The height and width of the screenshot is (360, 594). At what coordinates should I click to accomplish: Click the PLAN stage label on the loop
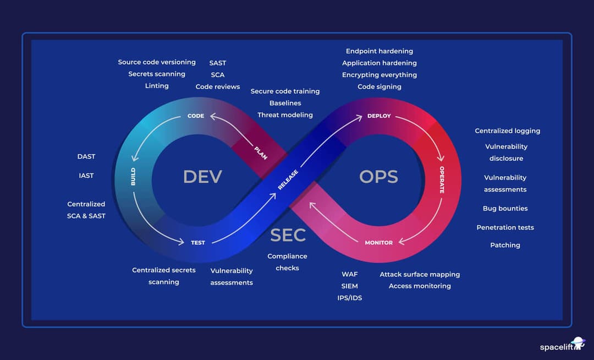pyautogui.click(x=261, y=152)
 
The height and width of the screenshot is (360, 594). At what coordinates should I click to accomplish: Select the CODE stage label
pyautogui.click(x=196, y=116)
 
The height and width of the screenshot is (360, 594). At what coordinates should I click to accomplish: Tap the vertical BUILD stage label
pyautogui.click(x=133, y=176)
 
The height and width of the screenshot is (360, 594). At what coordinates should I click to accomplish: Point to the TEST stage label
pyautogui.click(x=198, y=242)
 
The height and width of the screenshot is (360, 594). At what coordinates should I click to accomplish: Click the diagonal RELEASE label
pyautogui.click(x=288, y=180)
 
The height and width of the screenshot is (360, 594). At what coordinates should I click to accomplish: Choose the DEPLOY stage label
pyautogui.click(x=379, y=116)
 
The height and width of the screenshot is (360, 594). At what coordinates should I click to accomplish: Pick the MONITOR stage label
pyautogui.click(x=379, y=242)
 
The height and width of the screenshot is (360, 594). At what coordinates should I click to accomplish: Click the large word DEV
pyautogui.click(x=202, y=177)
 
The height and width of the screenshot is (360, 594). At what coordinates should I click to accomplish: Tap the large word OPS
pyautogui.click(x=378, y=177)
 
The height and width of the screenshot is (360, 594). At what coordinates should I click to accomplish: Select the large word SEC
pyautogui.click(x=288, y=235)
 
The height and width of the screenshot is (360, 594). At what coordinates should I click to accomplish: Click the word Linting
pyautogui.click(x=157, y=86)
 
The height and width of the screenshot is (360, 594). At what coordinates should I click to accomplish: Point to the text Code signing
pyautogui.click(x=380, y=86)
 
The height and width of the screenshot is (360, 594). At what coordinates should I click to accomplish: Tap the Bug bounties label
pyautogui.click(x=505, y=209)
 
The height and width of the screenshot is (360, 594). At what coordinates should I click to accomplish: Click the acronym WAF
pyautogui.click(x=350, y=274)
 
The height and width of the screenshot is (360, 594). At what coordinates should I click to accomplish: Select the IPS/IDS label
pyautogui.click(x=350, y=298)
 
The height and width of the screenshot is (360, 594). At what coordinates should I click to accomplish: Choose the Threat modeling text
pyautogui.click(x=285, y=115)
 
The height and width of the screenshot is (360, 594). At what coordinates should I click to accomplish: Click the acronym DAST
pyautogui.click(x=86, y=157)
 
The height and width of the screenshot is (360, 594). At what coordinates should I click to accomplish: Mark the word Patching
pyautogui.click(x=505, y=245)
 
